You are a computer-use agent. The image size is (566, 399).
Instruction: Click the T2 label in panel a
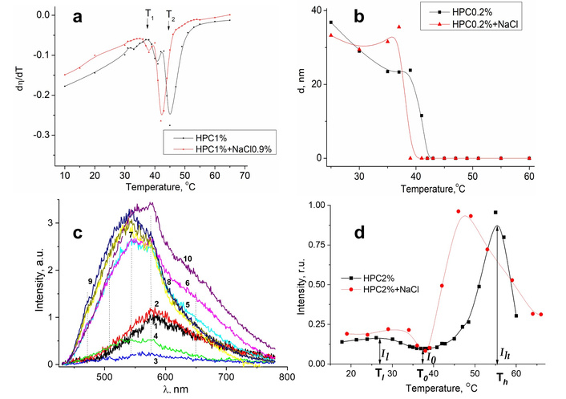pos(169,14)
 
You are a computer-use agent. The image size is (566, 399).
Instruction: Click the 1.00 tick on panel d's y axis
pos(300,206)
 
